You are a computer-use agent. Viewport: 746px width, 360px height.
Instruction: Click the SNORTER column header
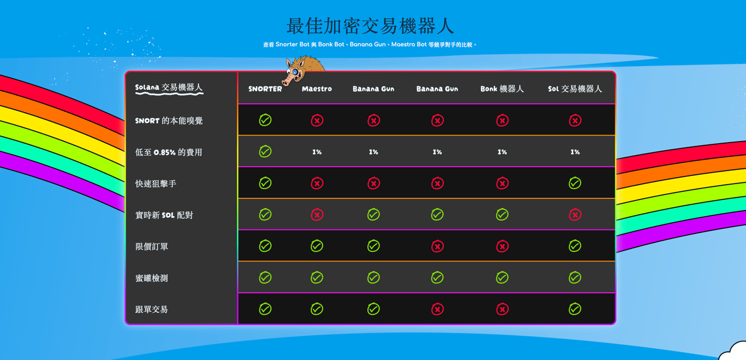tap(265, 89)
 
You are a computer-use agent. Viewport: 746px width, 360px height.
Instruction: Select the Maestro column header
tap(317, 89)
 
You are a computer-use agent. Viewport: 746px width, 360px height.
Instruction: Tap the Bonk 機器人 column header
tap(502, 89)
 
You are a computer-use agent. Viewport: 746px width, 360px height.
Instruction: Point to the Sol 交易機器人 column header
tap(575, 89)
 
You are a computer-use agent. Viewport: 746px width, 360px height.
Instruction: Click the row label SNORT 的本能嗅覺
tap(169, 121)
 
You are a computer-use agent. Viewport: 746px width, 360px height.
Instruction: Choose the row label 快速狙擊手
tap(156, 184)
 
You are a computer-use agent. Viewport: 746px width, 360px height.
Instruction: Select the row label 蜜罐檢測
tap(151, 278)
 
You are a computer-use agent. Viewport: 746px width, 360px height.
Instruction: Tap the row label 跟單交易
tap(151, 309)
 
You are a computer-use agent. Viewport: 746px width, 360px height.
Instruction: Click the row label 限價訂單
tap(151, 246)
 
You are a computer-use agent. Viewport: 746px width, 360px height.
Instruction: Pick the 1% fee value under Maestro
tap(317, 152)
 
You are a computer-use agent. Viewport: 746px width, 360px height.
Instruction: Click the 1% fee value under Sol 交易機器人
tap(575, 152)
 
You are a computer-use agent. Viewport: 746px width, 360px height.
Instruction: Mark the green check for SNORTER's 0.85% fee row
tap(265, 151)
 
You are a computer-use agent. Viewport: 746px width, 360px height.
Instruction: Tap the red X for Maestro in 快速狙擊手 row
tap(317, 183)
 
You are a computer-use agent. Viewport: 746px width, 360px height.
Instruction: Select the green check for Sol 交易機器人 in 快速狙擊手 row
tap(575, 183)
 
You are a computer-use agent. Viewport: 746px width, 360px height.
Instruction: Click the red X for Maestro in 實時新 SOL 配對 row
tap(317, 215)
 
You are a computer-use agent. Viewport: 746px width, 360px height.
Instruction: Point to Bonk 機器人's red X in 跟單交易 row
tap(502, 309)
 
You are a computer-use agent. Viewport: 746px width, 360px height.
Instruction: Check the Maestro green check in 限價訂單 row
tap(317, 246)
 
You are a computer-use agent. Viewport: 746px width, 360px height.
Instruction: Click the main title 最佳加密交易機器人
tap(370, 26)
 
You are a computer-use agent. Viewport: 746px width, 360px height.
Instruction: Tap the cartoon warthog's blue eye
tap(295, 72)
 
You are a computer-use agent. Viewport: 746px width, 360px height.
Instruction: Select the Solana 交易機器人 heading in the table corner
tap(169, 87)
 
